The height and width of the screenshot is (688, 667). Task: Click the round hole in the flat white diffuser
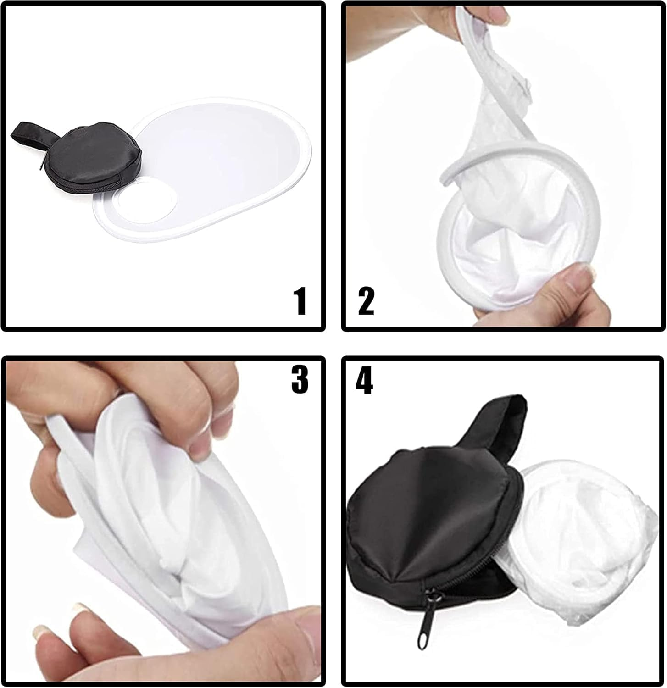(147, 201)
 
